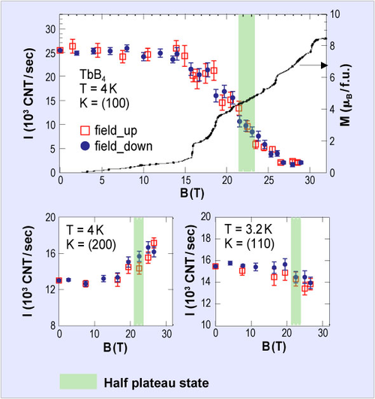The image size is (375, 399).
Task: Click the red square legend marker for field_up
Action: point(85,130)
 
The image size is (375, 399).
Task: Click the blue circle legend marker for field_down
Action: point(85,146)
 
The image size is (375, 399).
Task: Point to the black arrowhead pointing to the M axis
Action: point(325,65)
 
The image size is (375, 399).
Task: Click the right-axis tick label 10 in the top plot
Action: point(334,14)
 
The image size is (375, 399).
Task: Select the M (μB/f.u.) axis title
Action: point(346,95)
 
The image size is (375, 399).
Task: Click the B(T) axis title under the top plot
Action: point(192,193)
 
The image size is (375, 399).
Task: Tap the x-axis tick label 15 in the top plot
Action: point(186,180)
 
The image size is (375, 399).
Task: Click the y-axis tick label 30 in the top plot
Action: point(50,29)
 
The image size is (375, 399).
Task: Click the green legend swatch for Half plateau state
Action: point(78,382)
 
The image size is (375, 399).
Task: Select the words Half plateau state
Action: point(156,382)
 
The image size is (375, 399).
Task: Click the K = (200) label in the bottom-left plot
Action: point(91,244)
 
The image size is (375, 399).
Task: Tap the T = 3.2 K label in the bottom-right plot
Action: point(248,229)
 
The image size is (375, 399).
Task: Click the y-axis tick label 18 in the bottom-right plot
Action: point(206,239)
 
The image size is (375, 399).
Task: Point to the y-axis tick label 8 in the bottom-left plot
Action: point(52,325)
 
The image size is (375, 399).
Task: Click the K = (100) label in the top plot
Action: point(104,103)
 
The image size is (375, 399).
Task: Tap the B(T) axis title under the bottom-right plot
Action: point(274,347)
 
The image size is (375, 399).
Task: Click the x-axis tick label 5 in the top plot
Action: point(102,180)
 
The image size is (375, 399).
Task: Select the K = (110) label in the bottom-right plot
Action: point(250,243)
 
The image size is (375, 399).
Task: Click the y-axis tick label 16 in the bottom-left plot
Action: point(50,253)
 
